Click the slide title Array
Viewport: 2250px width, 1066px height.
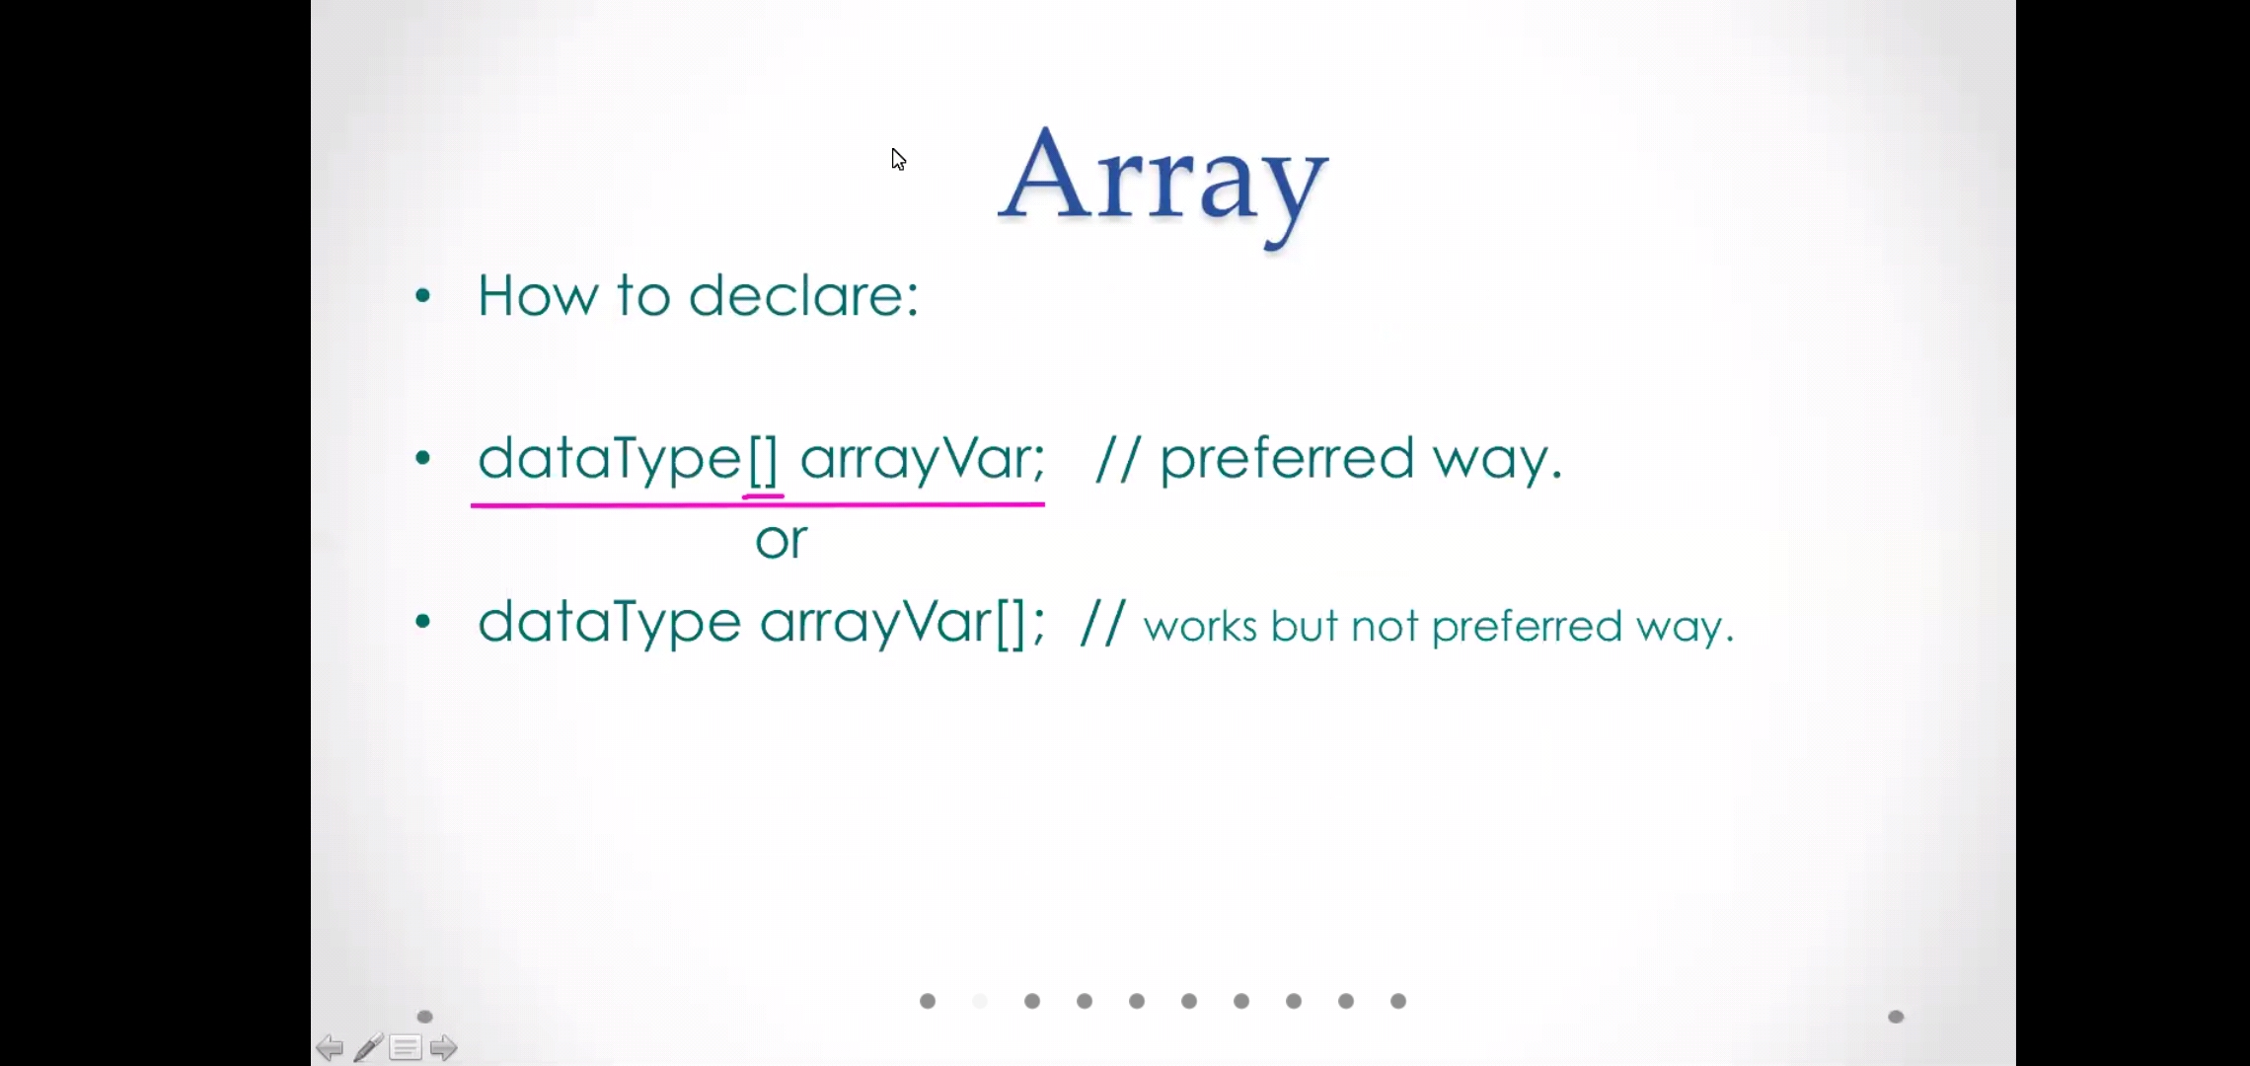[1163, 185]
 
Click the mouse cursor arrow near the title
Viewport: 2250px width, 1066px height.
[898, 160]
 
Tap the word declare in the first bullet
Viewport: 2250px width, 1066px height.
[803, 295]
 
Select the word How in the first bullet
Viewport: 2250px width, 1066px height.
[538, 295]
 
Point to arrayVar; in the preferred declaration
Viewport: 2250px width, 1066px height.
[923, 460]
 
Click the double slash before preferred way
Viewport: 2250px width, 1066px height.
[1118, 459]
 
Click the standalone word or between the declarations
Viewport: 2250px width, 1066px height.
[782, 541]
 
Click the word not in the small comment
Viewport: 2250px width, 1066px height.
[1386, 627]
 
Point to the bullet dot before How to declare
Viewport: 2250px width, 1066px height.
[423, 295]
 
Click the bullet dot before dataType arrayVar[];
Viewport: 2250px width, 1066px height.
[423, 621]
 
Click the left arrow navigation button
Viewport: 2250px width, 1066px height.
[330, 1047]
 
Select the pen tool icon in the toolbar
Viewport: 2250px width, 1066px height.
[368, 1047]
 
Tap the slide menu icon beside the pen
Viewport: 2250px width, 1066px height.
[406, 1047]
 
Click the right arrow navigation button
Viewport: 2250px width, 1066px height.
[443, 1047]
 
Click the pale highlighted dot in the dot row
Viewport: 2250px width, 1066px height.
[980, 1001]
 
